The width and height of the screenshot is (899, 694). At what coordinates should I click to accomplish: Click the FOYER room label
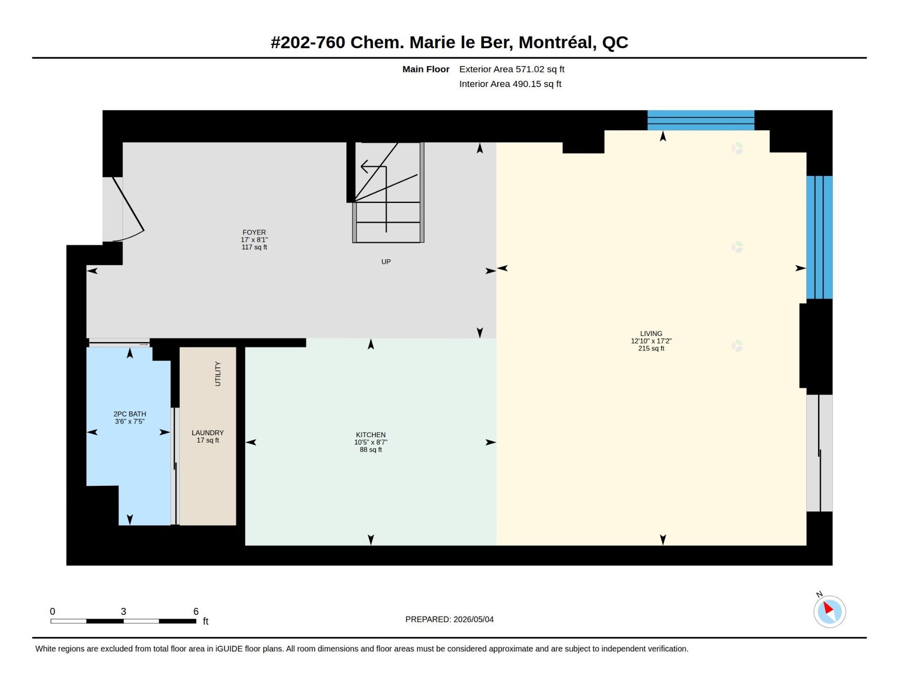pos(254,233)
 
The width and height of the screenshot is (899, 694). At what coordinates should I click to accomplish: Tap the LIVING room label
pos(651,334)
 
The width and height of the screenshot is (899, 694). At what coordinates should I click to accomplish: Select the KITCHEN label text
pos(371,435)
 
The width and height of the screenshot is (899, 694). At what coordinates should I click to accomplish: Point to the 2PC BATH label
pos(130,414)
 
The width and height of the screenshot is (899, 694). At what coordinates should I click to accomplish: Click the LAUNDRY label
pos(207,433)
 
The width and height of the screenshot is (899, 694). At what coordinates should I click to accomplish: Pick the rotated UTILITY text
pos(217,373)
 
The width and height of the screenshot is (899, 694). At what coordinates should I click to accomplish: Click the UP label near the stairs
pos(386,262)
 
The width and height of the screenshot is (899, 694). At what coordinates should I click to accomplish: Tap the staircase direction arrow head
pos(365,166)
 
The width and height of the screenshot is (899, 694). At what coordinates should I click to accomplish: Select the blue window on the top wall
pos(700,120)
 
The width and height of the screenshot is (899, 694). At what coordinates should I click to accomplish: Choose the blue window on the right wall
pos(819,237)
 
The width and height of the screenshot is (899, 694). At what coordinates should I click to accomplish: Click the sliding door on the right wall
pos(819,453)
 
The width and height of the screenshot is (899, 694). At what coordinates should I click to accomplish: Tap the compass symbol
pos(829,611)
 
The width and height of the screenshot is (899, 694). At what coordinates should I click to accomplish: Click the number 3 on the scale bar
pos(123,611)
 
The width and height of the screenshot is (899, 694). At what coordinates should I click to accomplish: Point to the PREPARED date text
pos(449,619)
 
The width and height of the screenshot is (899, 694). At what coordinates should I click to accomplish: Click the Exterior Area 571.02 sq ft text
pos(512,69)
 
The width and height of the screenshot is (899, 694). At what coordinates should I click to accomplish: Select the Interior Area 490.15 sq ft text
pos(510,84)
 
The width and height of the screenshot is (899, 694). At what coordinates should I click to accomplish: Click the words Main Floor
pos(426,69)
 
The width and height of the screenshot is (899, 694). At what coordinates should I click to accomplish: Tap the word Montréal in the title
pos(557,43)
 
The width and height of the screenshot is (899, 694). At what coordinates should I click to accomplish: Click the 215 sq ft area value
pos(651,349)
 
